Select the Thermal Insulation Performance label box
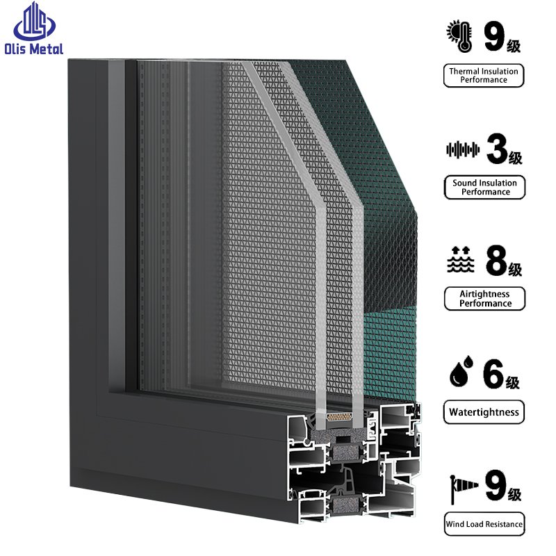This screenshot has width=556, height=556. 484,75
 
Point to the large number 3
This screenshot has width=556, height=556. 497,149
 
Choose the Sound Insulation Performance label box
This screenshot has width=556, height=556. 484,187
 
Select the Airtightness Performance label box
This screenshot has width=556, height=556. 484,299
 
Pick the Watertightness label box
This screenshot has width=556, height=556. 484,412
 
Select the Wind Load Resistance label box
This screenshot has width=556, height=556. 484,524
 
